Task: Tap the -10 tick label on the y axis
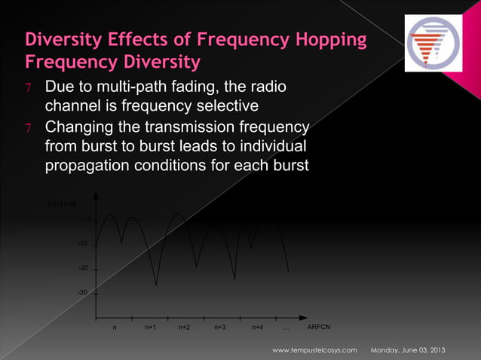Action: [83, 244]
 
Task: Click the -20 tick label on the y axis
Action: [83, 269]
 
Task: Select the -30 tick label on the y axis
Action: [83, 293]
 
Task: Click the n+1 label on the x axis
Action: [150, 328]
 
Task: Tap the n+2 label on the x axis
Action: [184, 328]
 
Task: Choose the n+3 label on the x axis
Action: [220, 328]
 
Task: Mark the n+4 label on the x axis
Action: [257, 328]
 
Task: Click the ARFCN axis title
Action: [319, 328]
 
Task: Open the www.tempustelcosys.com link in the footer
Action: [319, 351]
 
